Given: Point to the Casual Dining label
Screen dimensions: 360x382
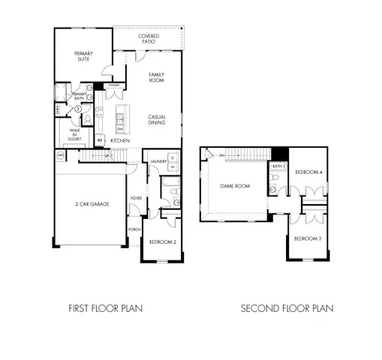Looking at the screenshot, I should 156,119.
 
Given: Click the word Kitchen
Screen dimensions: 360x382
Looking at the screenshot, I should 120,141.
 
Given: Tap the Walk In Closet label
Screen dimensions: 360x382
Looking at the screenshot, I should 75,134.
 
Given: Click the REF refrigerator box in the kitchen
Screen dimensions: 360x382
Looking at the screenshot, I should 100,140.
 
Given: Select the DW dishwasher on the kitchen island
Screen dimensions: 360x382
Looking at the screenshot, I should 119,127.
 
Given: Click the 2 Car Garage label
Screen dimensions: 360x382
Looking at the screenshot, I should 89,204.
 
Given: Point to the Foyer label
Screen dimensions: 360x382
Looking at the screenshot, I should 137,198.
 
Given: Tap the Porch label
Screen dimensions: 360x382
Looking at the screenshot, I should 135,229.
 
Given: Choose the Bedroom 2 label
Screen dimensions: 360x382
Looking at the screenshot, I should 162,241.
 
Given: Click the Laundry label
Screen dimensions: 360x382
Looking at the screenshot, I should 158,161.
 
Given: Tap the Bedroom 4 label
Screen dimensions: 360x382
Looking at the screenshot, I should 308,172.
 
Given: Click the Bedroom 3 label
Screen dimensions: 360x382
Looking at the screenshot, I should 308,238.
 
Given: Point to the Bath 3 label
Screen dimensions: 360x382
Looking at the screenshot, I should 278,166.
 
